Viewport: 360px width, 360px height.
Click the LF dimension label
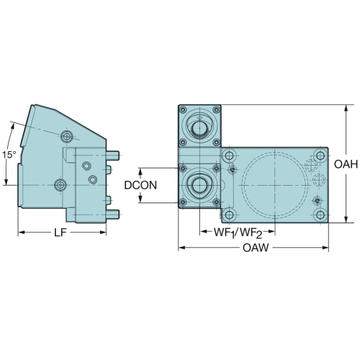[60, 233]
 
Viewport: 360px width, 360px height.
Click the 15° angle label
[9, 155]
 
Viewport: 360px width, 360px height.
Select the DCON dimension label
[140, 185]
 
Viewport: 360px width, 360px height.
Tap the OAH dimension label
[346, 164]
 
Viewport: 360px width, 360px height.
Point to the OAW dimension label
[256, 248]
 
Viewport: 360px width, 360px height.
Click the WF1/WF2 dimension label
[238, 233]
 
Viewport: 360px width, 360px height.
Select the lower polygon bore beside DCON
[199, 185]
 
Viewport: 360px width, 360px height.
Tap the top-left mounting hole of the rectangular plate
[229, 156]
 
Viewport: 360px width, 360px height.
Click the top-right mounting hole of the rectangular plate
[320, 156]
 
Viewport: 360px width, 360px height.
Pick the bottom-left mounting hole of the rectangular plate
[229, 215]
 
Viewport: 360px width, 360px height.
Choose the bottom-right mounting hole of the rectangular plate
[320, 215]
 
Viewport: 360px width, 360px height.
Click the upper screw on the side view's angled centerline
[66, 137]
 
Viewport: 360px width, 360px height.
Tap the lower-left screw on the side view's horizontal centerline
[60, 185]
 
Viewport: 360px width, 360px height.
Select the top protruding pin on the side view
[112, 156]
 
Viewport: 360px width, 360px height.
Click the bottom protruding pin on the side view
[112, 215]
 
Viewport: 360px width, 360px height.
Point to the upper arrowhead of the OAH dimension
[346, 108]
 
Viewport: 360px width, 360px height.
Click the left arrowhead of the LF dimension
[22, 233]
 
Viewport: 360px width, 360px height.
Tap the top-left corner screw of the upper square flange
[183, 110]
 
